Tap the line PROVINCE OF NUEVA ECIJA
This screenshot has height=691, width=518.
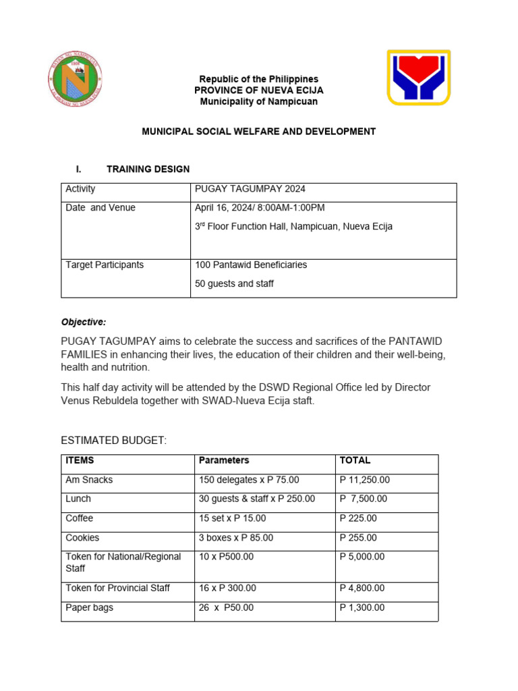tap(258, 90)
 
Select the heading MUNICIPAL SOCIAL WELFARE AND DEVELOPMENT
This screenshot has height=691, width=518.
tap(258, 132)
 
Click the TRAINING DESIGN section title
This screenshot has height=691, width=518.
tap(148, 169)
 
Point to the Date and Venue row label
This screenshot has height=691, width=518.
tap(100, 208)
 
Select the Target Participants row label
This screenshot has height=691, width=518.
tap(105, 265)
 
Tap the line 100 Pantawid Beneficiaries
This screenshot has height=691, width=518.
tap(251, 265)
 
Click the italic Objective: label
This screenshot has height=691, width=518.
tap(84, 322)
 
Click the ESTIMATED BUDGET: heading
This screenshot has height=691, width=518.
tap(113, 441)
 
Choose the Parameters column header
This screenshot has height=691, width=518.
tap(224, 460)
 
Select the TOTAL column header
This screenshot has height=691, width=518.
tap(355, 460)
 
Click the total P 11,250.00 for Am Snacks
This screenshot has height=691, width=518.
tap(365, 480)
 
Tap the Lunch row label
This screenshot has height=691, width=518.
tap(78, 499)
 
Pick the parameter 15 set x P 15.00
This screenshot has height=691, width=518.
tap(233, 518)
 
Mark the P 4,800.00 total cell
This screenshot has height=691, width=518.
tap(362, 588)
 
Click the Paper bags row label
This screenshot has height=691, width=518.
tap(89, 608)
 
